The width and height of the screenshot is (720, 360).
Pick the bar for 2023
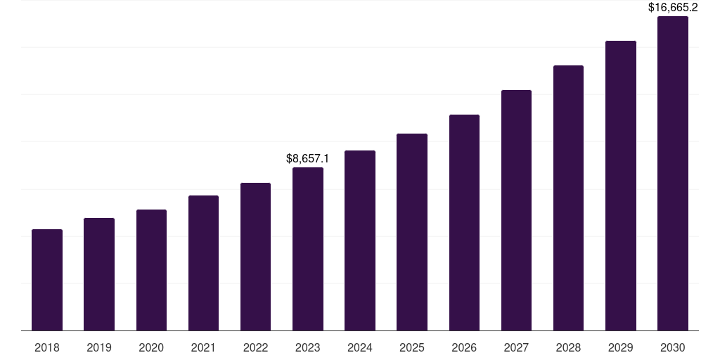click(x=308, y=249)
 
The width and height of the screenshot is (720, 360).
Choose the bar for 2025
click(x=412, y=232)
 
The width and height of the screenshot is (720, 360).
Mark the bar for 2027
click(x=516, y=210)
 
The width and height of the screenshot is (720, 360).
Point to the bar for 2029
click(x=620, y=186)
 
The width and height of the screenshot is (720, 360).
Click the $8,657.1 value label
click(x=308, y=159)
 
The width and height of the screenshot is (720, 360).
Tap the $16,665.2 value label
click(x=673, y=8)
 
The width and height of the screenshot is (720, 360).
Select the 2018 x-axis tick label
click(x=47, y=347)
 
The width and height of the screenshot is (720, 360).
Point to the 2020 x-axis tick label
click(x=151, y=347)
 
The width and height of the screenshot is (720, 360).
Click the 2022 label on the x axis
click(x=255, y=347)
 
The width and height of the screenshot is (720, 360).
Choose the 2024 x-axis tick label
click(x=360, y=347)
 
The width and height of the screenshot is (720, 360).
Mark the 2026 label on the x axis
click(x=464, y=347)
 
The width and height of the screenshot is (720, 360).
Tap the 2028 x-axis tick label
click(x=568, y=347)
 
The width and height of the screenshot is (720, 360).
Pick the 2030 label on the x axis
click(x=673, y=347)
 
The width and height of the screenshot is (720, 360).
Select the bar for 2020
click(x=151, y=270)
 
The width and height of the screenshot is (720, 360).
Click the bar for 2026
click(x=464, y=222)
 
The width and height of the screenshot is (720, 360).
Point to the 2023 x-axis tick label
click(x=308, y=347)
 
